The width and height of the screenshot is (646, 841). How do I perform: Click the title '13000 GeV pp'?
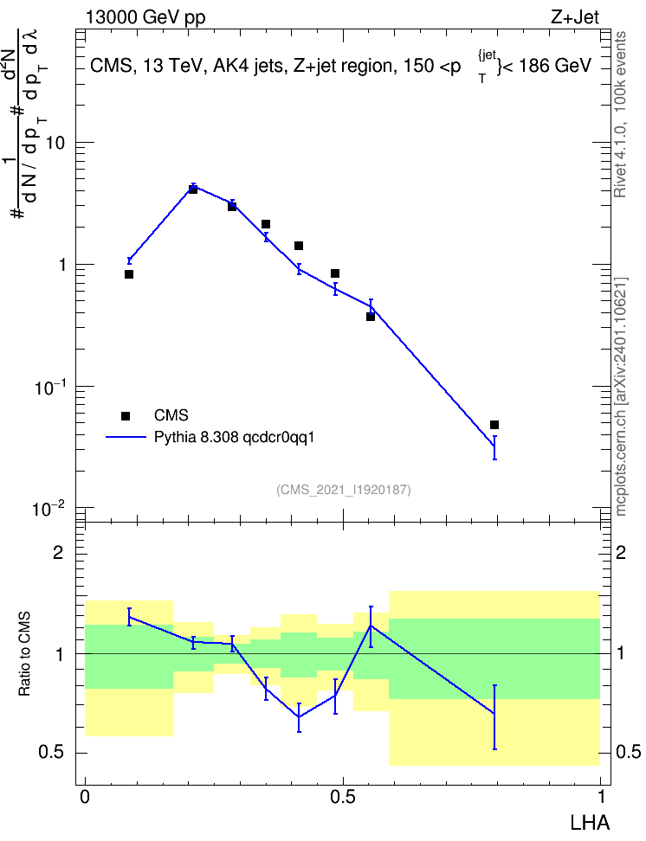tap(145, 17)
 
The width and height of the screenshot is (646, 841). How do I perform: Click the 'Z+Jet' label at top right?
tap(575, 17)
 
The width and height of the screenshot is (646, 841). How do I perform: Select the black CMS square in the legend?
tap(126, 415)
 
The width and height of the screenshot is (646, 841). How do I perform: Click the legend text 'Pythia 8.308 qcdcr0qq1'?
tap(234, 438)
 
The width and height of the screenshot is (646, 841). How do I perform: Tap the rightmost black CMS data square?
tap(494, 425)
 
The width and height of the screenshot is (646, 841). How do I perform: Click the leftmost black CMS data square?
tap(129, 274)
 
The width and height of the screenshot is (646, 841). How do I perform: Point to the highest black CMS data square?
tap(193, 189)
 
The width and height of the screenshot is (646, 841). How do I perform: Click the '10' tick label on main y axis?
tap(55, 144)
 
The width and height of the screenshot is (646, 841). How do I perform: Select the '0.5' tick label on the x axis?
tap(343, 797)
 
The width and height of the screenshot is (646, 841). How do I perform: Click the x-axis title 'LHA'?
tap(589, 823)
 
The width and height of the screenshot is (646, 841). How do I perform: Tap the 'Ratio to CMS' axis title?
tap(24, 654)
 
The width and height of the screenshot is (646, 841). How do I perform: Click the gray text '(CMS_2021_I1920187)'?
tap(344, 490)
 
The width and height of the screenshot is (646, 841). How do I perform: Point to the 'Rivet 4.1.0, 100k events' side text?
tap(620, 114)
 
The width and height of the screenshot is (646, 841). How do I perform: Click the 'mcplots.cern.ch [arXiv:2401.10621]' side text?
tap(621, 396)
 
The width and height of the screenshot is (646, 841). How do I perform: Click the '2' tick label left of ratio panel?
tap(58, 552)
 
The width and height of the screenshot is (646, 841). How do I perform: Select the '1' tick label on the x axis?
tap(600, 797)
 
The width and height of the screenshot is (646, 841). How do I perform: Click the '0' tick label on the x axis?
tap(85, 797)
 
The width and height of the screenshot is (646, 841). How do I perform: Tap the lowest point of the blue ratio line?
tap(299, 716)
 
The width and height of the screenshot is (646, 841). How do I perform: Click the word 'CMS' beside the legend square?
tap(171, 415)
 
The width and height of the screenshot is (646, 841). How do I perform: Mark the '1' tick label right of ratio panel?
tap(621, 654)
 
